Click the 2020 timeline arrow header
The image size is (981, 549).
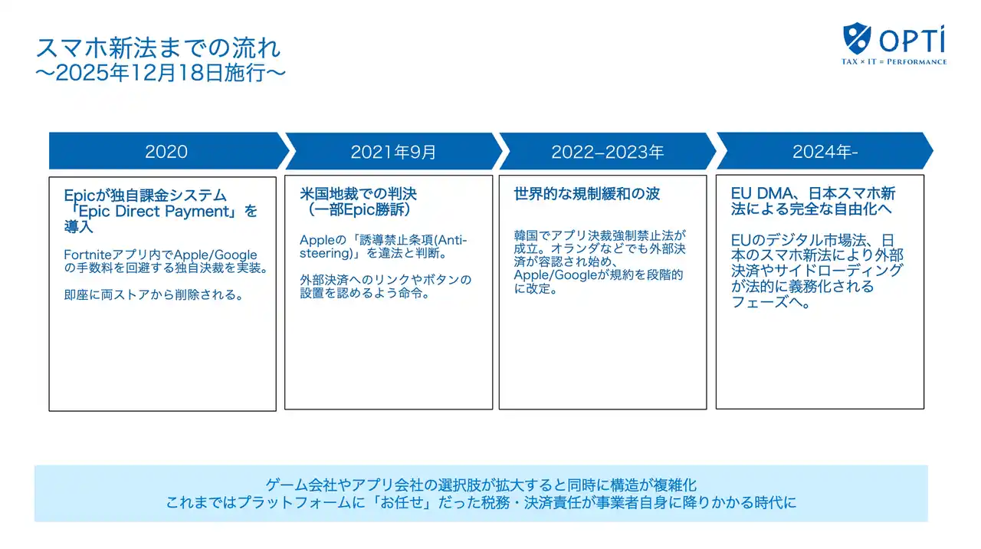click(x=166, y=151)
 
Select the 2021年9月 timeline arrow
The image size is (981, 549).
click(x=393, y=152)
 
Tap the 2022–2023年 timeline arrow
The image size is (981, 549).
click(x=607, y=152)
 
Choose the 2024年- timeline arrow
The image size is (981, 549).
click(x=825, y=152)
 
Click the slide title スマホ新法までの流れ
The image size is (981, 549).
click(x=158, y=48)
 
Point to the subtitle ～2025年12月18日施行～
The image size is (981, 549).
click(x=161, y=73)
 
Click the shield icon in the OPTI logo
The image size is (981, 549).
click(x=857, y=38)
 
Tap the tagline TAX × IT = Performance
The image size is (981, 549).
click(x=894, y=61)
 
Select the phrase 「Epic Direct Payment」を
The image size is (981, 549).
click(x=161, y=211)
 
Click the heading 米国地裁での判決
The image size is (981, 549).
click(x=359, y=194)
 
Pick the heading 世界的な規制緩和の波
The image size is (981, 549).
click(x=586, y=194)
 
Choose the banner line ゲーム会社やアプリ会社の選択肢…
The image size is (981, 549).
click(x=481, y=485)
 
